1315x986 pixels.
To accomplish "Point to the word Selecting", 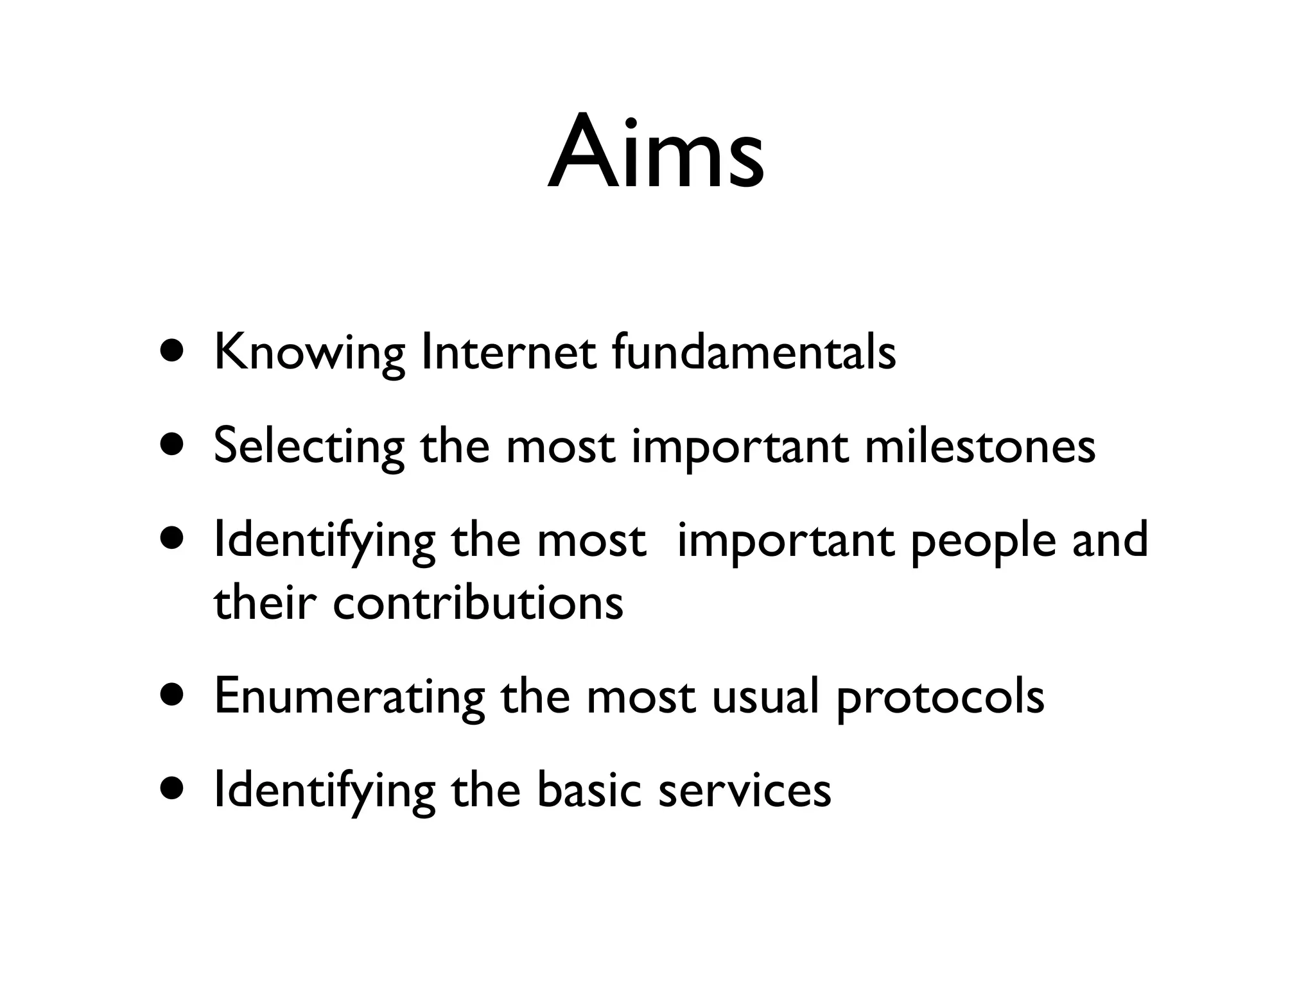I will tap(309, 447).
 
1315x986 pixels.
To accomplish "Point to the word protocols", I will tap(940, 698).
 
